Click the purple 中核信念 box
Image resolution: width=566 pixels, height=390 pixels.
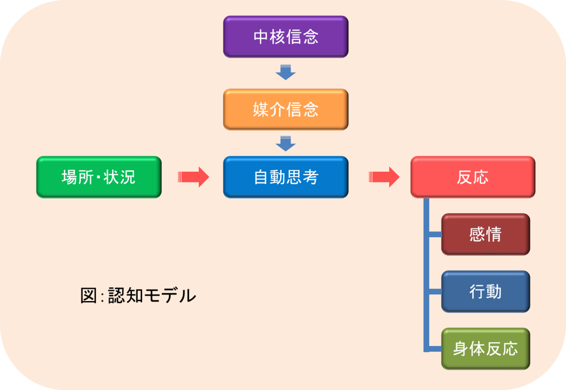(x=285, y=37)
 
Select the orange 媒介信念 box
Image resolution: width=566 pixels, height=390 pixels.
(x=285, y=109)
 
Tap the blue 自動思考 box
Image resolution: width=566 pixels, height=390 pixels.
(x=285, y=177)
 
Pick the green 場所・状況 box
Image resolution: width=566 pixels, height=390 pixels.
(x=99, y=177)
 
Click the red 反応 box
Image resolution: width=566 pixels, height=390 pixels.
(x=473, y=177)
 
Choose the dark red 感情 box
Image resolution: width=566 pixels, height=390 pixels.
(x=485, y=234)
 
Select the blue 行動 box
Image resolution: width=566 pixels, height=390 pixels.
(x=485, y=292)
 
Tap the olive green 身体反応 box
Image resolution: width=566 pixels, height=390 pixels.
(x=485, y=349)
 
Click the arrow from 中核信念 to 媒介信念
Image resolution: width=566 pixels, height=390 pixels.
(x=285, y=72)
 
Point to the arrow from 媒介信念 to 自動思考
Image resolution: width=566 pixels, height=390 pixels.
(x=285, y=143)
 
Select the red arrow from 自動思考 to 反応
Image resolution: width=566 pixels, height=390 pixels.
(x=384, y=177)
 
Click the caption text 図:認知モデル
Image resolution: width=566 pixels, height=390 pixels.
(x=138, y=296)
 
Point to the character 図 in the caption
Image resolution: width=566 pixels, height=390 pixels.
(x=89, y=296)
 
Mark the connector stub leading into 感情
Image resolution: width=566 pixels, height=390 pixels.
(x=435, y=234)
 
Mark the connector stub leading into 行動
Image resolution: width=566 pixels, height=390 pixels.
(x=435, y=292)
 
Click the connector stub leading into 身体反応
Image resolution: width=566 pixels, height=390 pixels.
(x=435, y=349)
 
